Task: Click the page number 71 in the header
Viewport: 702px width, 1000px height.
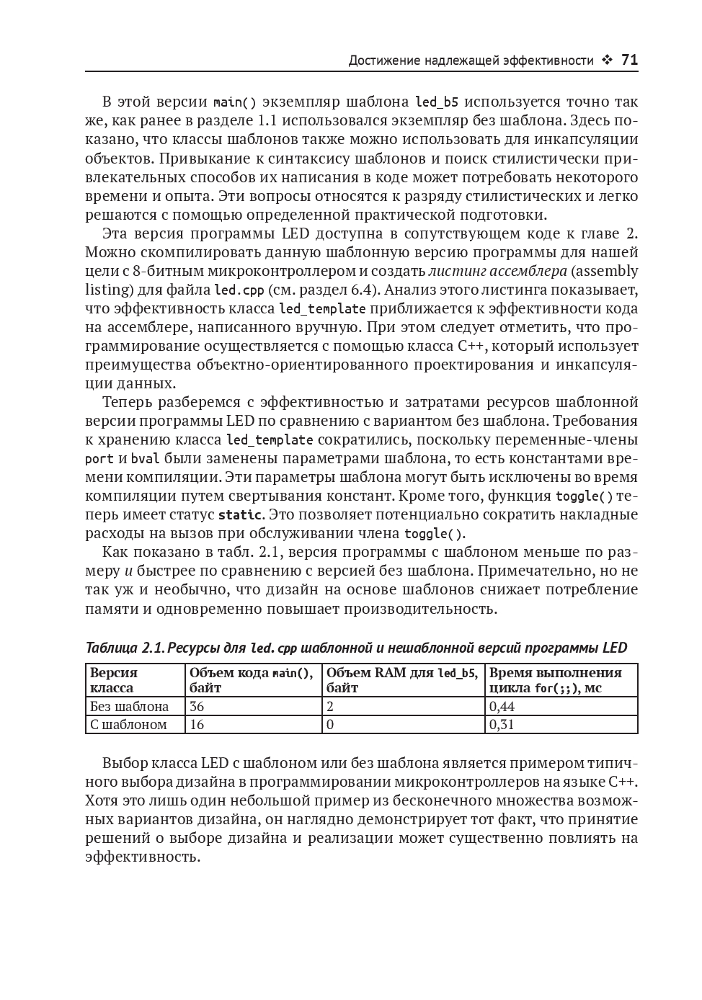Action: pyautogui.click(x=629, y=61)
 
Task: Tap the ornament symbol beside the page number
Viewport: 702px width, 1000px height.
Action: pyautogui.click(x=607, y=61)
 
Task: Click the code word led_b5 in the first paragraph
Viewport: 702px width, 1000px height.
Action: pyautogui.click(x=437, y=102)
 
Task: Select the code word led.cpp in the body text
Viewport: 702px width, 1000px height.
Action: pyautogui.click(x=239, y=290)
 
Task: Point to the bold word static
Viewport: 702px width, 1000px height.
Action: pyautogui.click(x=240, y=515)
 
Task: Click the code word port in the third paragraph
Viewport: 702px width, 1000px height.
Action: pyautogui.click(x=99, y=459)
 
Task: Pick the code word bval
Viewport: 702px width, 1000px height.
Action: pyautogui.click(x=146, y=459)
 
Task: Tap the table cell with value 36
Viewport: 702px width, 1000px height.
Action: pyautogui.click(x=197, y=706)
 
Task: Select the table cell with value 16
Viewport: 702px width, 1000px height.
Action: pyautogui.click(x=197, y=725)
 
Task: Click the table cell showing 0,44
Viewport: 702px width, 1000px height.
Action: pyautogui.click(x=502, y=706)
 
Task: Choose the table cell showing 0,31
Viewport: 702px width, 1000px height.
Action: pyautogui.click(x=502, y=725)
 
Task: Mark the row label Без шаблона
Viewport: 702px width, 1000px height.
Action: pyautogui.click(x=129, y=706)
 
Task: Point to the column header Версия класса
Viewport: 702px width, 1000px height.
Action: pyautogui.click(x=113, y=680)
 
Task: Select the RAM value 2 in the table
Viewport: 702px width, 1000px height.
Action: pyautogui.click(x=331, y=706)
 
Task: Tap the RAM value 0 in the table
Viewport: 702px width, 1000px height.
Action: pyautogui.click(x=331, y=725)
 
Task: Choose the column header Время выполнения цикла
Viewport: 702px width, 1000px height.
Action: pyautogui.click(x=554, y=680)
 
